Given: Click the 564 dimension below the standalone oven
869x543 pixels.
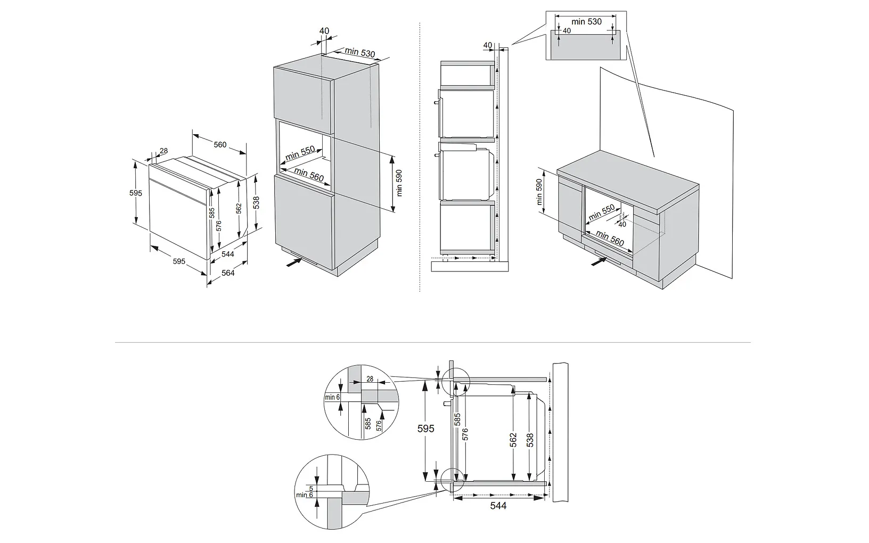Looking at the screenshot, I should click(228, 273).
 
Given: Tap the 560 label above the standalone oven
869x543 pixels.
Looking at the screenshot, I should click(220, 144).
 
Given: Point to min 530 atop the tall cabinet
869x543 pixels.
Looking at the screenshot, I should click(360, 52).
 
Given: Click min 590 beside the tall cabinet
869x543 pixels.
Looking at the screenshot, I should click(399, 183).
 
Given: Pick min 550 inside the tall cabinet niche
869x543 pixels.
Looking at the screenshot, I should click(300, 153).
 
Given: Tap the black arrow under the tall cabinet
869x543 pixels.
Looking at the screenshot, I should click(293, 262).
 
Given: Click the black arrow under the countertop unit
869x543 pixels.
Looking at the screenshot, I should click(599, 261).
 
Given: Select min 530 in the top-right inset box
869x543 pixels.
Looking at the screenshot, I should click(586, 22).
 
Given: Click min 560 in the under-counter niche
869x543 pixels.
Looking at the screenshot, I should click(610, 237).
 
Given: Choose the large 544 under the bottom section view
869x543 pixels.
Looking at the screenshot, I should click(498, 505).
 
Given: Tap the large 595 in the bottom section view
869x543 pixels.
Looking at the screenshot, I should click(426, 429).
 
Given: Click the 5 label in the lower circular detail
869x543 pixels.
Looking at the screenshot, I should click(311, 488).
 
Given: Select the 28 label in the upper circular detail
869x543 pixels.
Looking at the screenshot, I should click(370, 379).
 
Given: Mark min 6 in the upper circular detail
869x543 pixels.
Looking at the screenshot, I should click(332, 397).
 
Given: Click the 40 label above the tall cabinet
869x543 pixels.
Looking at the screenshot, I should click(324, 31).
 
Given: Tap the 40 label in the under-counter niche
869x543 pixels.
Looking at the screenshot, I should click(622, 224).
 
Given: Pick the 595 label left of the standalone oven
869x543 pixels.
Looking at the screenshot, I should click(136, 193).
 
